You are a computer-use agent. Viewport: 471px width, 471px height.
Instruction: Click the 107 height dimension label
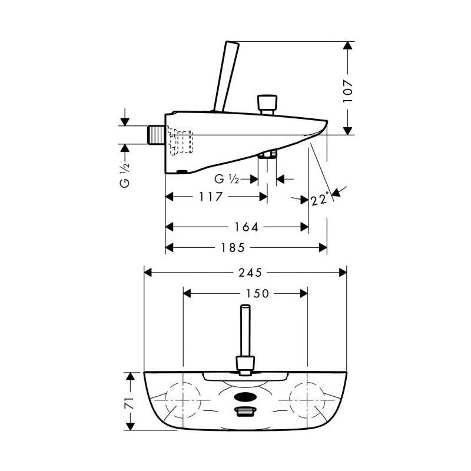(x=348, y=91)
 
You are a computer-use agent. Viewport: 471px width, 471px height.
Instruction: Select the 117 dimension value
(x=211, y=197)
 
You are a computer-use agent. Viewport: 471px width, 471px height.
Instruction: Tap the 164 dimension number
(x=246, y=227)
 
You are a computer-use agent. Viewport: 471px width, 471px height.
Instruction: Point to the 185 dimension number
(x=233, y=247)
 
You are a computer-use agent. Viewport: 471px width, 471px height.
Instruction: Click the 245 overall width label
(x=250, y=273)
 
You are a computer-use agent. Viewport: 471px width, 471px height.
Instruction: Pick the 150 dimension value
(x=257, y=293)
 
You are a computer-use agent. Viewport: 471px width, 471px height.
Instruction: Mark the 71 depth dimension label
(x=130, y=402)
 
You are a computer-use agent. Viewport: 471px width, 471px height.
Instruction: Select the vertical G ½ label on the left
(x=125, y=175)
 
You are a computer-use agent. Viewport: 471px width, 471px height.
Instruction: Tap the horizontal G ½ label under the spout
(x=227, y=180)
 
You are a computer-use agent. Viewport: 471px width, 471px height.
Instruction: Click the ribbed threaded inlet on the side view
(x=156, y=135)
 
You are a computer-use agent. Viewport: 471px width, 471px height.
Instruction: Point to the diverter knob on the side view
(x=267, y=105)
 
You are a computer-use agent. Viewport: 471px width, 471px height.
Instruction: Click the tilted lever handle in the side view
(x=226, y=77)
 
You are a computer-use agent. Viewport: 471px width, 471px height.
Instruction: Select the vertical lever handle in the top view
(x=246, y=340)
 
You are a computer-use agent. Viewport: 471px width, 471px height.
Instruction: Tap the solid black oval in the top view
(x=246, y=397)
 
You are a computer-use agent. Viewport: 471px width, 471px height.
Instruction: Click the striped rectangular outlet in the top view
(x=246, y=411)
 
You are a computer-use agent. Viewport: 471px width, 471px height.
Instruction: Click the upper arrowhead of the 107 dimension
(x=347, y=46)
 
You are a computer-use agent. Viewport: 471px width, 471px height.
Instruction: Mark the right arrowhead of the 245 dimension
(x=343, y=273)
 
